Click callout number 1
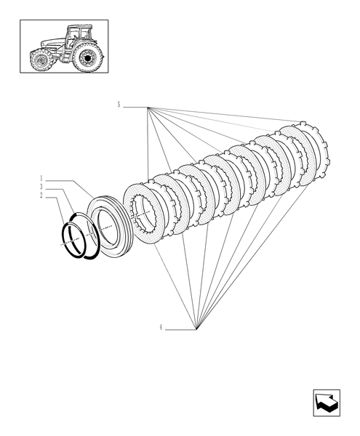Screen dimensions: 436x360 coord(43,178)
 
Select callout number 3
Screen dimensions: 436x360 coord(43,187)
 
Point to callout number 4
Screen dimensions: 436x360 coord(161,328)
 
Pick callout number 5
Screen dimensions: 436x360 coord(119,106)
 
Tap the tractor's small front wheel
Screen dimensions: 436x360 coord(41,61)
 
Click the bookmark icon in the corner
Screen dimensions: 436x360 coord(321,401)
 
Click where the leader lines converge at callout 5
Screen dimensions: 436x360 coord(148,108)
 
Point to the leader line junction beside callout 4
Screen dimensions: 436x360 coord(196,329)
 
